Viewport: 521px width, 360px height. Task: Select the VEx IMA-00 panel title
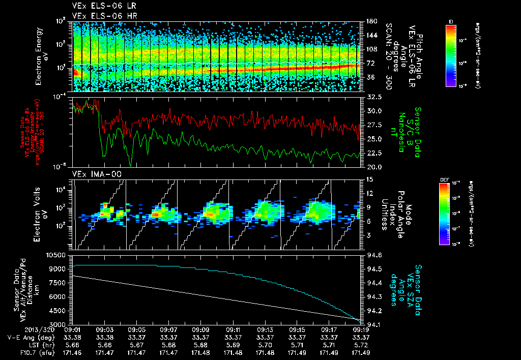point(93,174)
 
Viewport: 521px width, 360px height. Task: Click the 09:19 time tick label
point(362,330)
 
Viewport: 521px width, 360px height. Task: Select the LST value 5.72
point(362,344)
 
